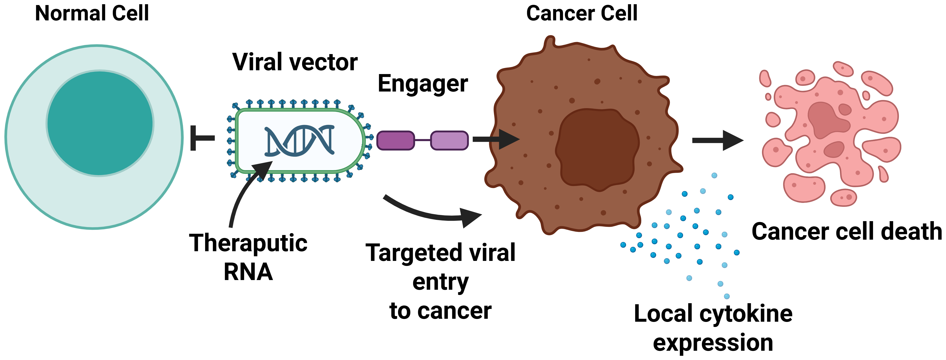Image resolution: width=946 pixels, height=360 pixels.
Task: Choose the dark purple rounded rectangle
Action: tap(395, 140)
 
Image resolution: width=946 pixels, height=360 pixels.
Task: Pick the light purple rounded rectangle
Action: tap(449, 140)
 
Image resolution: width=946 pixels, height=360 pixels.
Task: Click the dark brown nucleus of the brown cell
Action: tap(597, 149)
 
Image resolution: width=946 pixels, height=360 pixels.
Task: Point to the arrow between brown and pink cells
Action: tap(716, 140)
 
